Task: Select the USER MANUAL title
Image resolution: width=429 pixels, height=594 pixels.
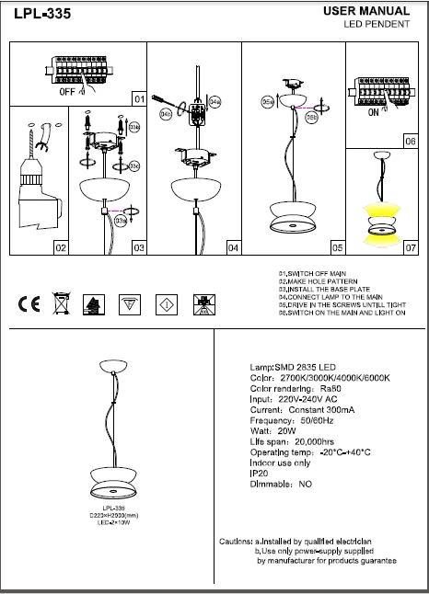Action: coord(366,10)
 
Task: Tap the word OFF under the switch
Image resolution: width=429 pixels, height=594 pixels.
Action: coord(67,93)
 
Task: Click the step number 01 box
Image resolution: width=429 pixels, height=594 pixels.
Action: coord(139,97)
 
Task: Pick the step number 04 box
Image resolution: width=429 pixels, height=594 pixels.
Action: coord(233,247)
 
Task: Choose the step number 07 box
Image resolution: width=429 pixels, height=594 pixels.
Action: coord(410,247)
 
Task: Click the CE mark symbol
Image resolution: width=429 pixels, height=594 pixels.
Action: coord(29,303)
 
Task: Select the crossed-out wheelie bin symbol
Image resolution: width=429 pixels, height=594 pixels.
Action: coord(62,303)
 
